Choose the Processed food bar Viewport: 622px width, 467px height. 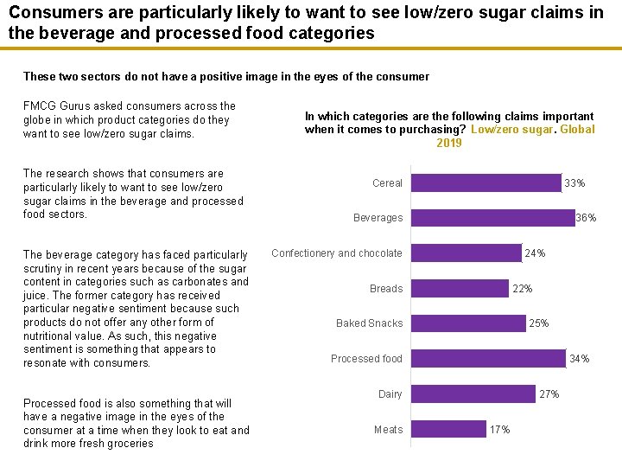[488, 359]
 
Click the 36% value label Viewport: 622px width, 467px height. [586, 219]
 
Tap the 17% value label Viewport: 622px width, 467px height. [500, 430]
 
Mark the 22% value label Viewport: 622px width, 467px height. [523, 289]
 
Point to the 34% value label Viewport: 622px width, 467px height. [580, 359]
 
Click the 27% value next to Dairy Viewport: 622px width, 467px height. [549, 394]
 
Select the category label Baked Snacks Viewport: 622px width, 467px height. [369, 323]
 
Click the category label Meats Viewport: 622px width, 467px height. [388, 430]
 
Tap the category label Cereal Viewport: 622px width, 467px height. [387, 183]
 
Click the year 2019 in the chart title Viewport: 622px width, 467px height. [449, 144]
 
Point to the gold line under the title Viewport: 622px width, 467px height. [311, 49]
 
